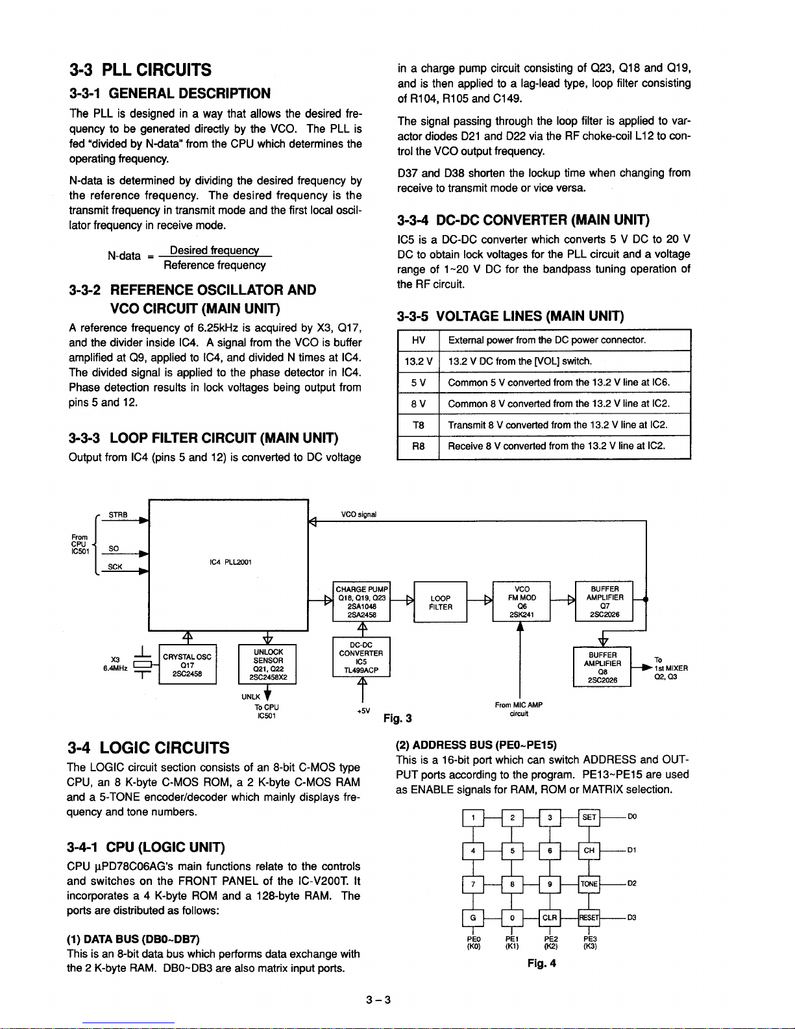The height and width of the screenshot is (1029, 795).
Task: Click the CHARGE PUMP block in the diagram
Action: (x=361, y=602)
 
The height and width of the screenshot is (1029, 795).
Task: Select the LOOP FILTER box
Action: (x=440, y=602)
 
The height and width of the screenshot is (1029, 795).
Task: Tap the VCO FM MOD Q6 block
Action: (x=521, y=602)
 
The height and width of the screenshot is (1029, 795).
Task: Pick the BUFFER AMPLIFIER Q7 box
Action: (x=604, y=602)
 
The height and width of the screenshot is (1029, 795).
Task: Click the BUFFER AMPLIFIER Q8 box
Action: (x=602, y=667)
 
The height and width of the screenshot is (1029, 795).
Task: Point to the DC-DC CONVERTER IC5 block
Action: (x=361, y=658)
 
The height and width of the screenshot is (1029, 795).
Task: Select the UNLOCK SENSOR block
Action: (x=267, y=664)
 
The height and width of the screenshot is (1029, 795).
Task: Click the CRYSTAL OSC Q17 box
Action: (x=188, y=664)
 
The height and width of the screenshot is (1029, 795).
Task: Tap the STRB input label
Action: (x=117, y=515)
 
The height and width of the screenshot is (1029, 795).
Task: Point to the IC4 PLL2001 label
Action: (x=228, y=562)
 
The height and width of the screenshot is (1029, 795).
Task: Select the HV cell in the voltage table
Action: (x=418, y=340)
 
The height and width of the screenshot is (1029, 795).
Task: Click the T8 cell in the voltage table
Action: (x=418, y=425)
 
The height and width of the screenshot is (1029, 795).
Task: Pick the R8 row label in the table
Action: (x=418, y=447)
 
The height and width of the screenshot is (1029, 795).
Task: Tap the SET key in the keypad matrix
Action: (x=589, y=817)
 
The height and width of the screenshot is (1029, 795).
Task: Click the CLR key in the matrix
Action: (x=550, y=917)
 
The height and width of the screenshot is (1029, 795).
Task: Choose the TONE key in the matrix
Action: (x=589, y=884)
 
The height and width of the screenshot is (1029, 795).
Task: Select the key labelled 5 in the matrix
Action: (x=512, y=850)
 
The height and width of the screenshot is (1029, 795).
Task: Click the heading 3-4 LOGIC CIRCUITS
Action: (x=149, y=747)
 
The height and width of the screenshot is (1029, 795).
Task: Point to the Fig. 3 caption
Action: (x=398, y=717)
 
